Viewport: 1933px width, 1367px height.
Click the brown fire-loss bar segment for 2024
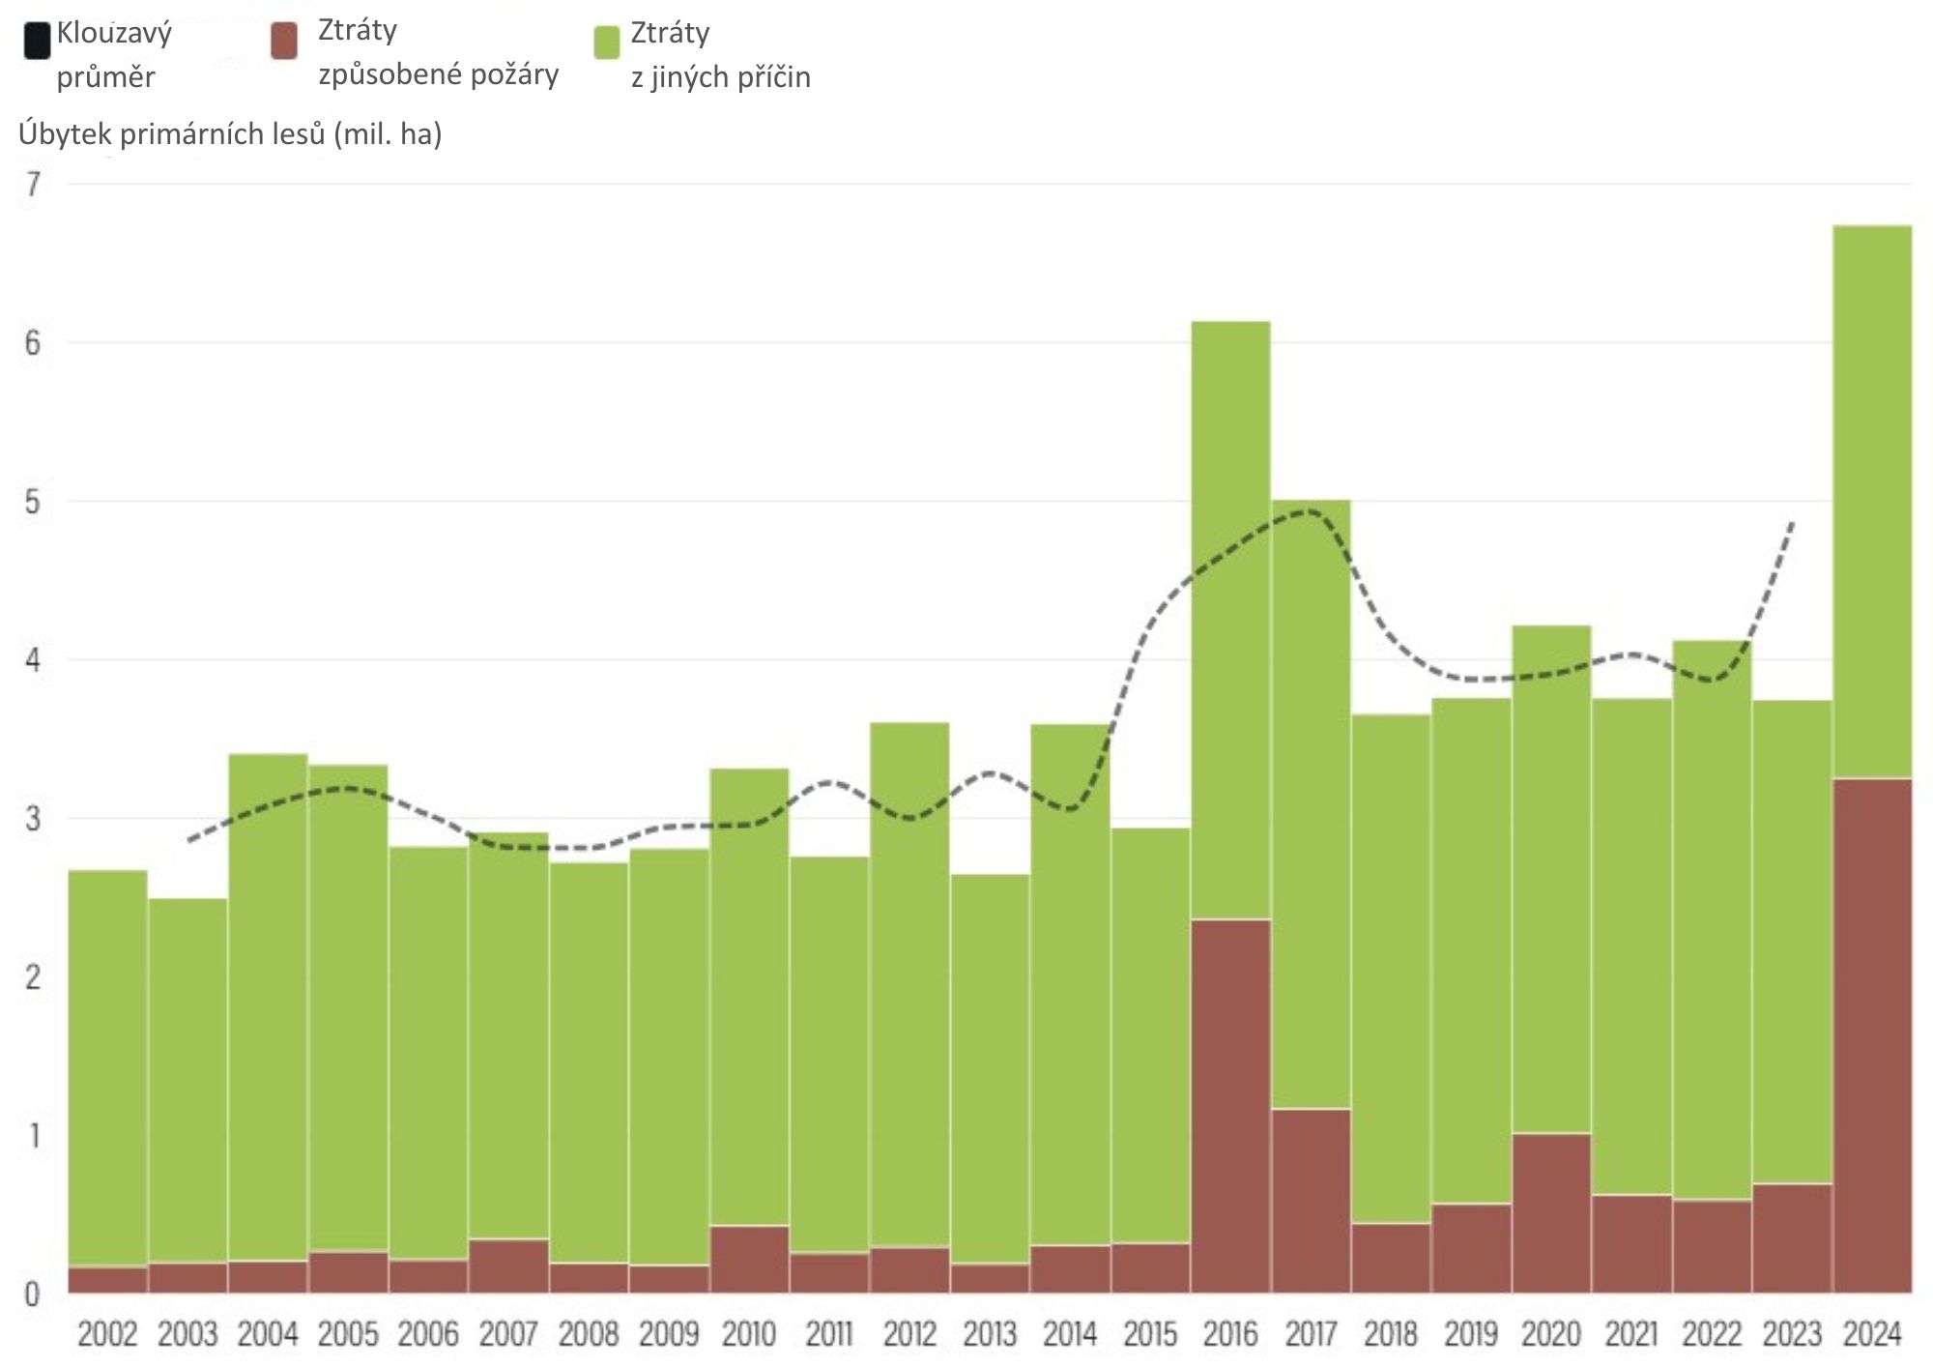(x=1872, y=1034)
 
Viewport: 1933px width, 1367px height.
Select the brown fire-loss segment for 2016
(x=1230, y=1105)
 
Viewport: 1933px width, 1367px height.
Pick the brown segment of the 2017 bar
(x=1311, y=1200)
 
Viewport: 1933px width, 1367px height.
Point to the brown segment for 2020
(x=1551, y=1212)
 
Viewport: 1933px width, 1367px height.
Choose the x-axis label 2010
(x=749, y=1334)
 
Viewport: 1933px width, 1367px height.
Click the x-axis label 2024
(x=1872, y=1334)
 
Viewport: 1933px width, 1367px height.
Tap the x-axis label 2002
(x=107, y=1334)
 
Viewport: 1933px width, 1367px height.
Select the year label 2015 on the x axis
(x=1150, y=1334)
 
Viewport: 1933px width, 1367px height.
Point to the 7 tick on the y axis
(x=34, y=184)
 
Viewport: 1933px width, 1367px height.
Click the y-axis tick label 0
(x=33, y=1294)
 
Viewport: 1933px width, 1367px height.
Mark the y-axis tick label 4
(x=34, y=660)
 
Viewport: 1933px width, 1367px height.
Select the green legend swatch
(x=607, y=44)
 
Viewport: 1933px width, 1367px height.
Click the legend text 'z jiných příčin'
(x=720, y=77)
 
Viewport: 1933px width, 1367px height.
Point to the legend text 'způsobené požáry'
(x=438, y=74)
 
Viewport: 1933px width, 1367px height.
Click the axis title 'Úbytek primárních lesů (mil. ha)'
(x=230, y=133)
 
